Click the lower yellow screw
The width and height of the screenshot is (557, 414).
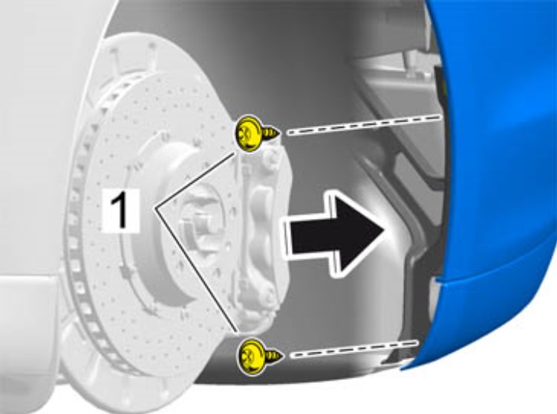pyautogui.click(x=259, y=355)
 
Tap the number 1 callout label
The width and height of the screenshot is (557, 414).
pyautogui.click(x=120, y=210)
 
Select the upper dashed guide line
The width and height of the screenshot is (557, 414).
pyautogui.click(x=365, y=125)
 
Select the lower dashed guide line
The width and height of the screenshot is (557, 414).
pyautogui.click(x=354, y=349)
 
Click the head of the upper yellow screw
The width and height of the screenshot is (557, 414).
pyautogui.click(x=248, y=134)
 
